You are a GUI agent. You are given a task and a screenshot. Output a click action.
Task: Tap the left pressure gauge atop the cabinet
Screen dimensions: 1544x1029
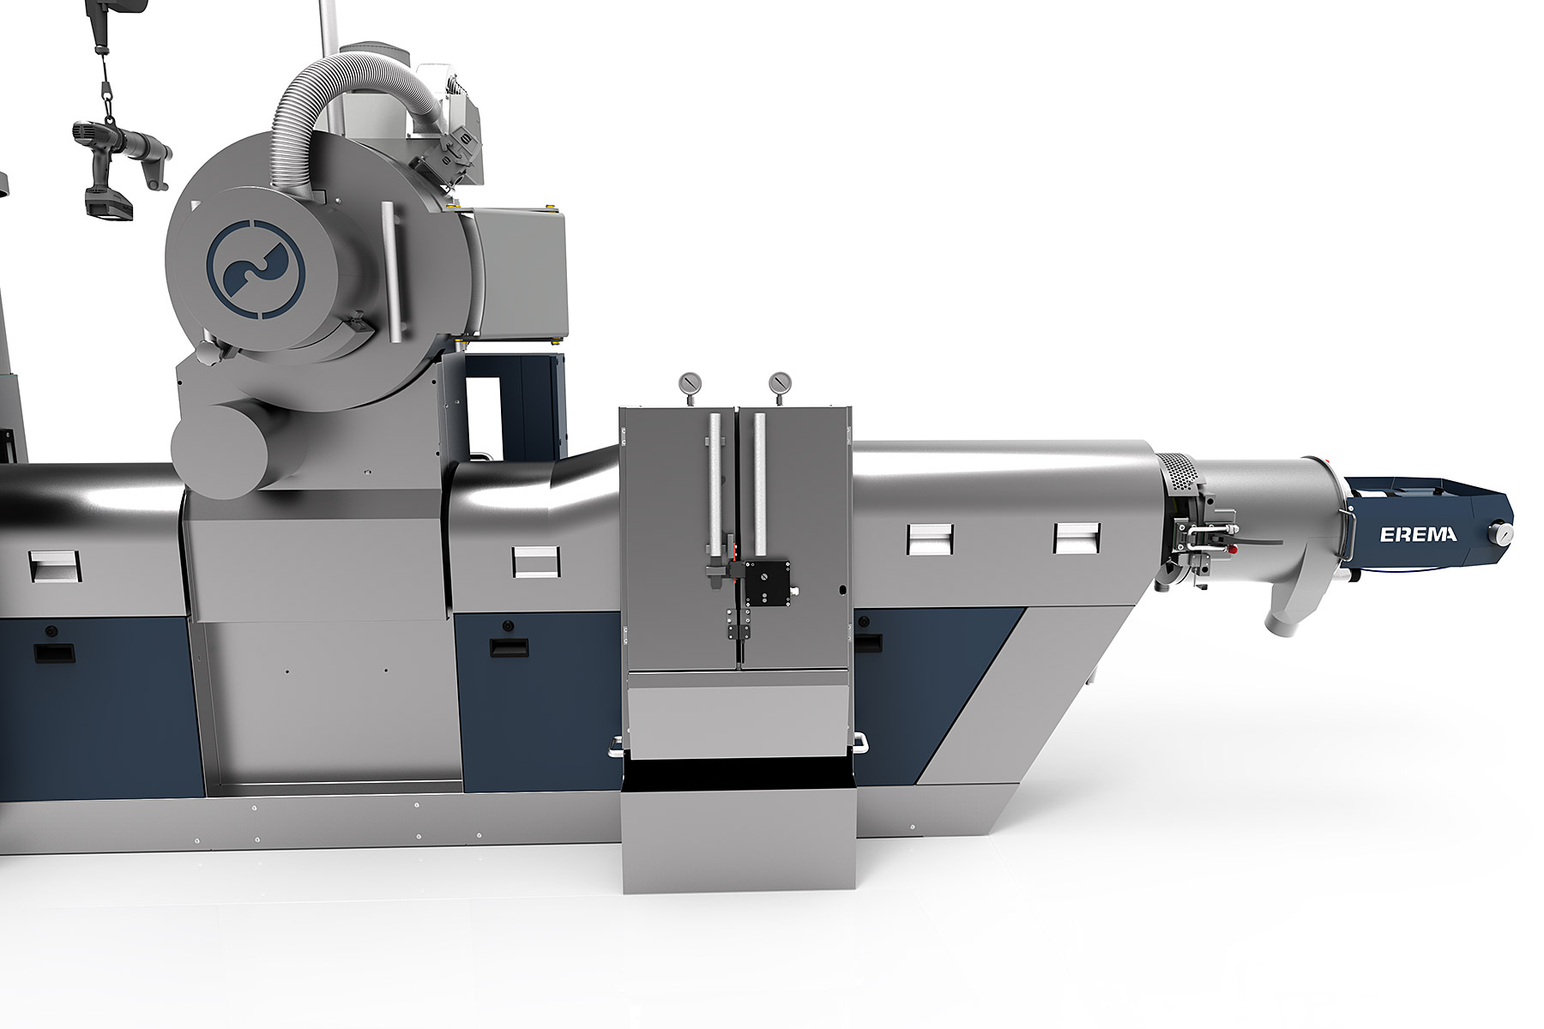[x=689, y=382]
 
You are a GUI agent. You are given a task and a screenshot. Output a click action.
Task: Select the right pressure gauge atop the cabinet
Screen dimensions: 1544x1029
[x=780, y=382]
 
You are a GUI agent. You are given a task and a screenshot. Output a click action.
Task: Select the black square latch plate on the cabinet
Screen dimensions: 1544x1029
[x=767, y=585]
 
